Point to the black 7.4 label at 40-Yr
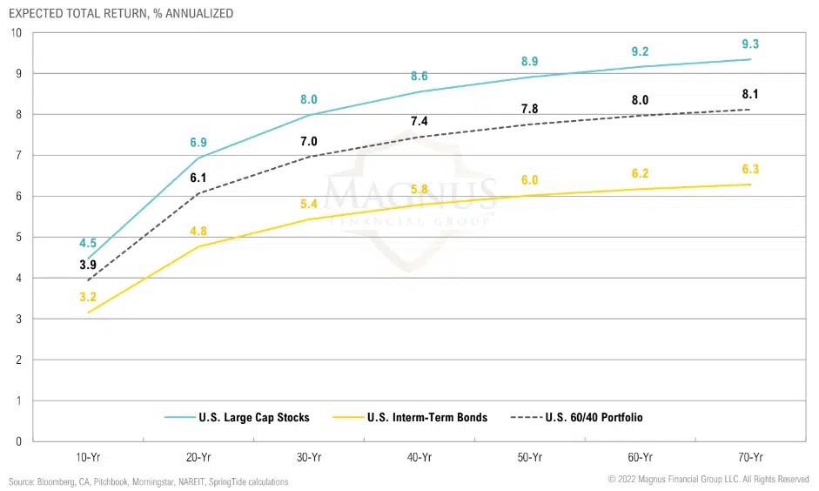pos(419,120)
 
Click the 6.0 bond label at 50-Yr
pos(529,180)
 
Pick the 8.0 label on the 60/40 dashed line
pos(640,100)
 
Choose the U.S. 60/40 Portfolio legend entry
pos(594,417)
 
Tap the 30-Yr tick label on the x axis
pos(308,457)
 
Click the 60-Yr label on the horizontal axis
pos(640,457)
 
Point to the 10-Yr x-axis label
pos(88,457)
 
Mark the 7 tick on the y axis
pos(17,155)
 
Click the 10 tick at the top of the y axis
pos(15,32)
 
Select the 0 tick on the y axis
pos(17,441)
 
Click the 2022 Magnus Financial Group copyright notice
pos(708,480)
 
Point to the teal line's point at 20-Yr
pos(198,158)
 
